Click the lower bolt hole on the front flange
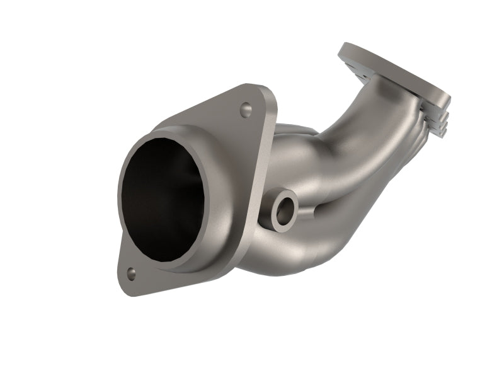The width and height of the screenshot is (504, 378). pos(131,273)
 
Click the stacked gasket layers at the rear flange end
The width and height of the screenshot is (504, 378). pos(438,123)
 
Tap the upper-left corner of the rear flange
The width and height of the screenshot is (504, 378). pos(345,47)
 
